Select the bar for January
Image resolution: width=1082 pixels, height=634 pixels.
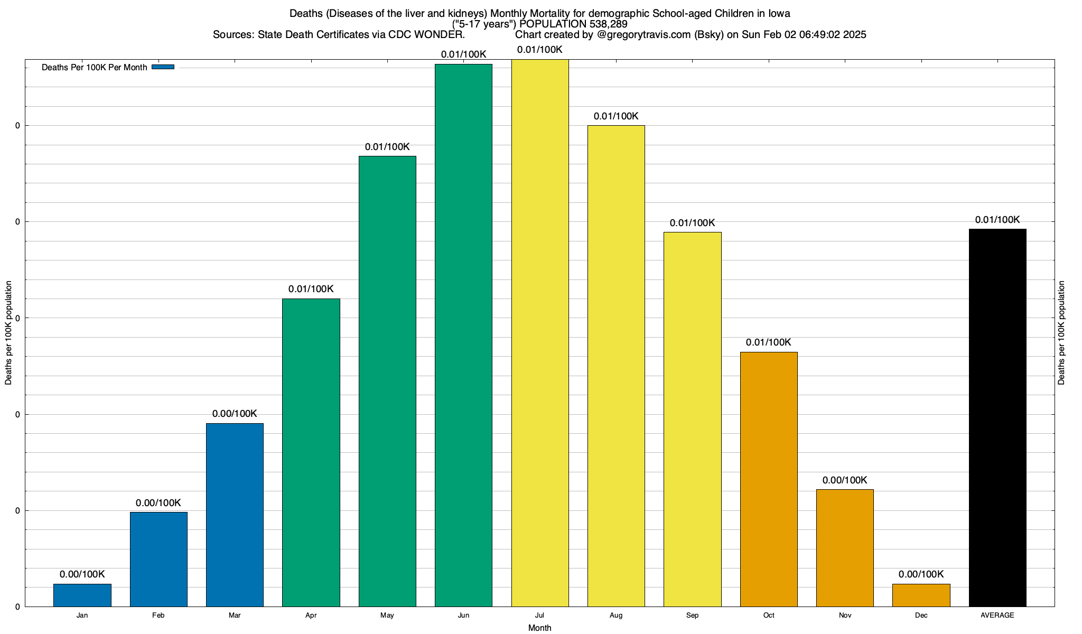(82, 595)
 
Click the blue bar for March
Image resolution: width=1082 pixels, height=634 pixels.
(235, 515)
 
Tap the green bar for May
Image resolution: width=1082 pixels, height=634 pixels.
(387, 381)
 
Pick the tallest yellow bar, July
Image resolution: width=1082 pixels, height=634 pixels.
(540, 333)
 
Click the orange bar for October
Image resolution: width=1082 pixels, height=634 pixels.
(769, 479)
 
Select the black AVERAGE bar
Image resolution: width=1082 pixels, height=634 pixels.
(997, 417)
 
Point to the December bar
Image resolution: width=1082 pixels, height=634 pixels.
(921, 595)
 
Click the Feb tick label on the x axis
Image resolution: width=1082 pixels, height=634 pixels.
(158, 616)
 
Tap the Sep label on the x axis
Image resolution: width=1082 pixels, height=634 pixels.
(692, 616)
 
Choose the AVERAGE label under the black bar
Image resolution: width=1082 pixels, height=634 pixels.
(997, 616)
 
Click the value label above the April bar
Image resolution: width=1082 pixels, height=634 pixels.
(311, 289)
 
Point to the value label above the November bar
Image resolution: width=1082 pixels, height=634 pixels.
(845, 480)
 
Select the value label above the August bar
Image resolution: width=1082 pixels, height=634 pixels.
(616, 116)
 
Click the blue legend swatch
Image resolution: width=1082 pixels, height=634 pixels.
(163, 67)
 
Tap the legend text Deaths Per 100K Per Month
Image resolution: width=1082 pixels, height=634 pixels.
(94, 68)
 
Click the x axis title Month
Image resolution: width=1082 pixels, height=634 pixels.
(539, 628)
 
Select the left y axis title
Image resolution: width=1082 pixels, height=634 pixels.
(8, 333)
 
